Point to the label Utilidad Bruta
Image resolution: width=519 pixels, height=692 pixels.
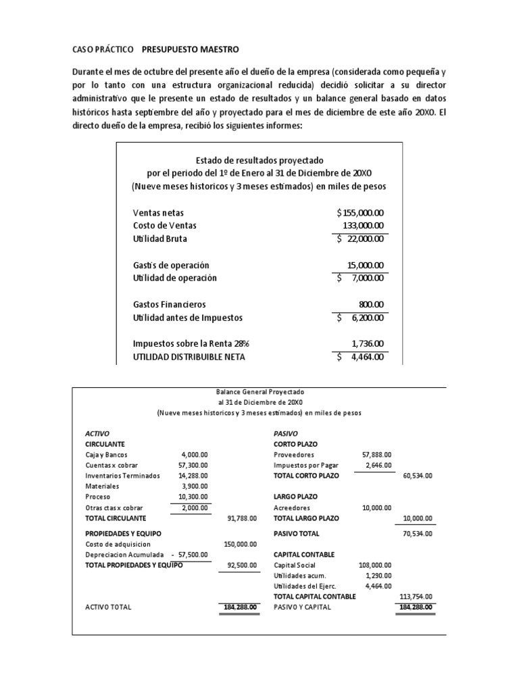pyautogui.click(x=160, y=239)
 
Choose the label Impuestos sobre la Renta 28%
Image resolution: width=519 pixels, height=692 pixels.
pyautogui.click(x=187, y=343)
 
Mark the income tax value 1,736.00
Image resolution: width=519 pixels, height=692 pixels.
pyautogui.click(x=368, y=343)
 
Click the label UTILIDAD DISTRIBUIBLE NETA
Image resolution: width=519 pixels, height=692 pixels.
pyautogui.click(x=189, y=357)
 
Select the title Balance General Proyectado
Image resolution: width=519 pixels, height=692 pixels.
pyautogui.click(x=260, y=392)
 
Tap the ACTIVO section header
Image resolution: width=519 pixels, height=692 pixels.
pyautogui.click(x=97, y=433)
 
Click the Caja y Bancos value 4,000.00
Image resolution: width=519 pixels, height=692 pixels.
pyautogui.click(x=195, y=455)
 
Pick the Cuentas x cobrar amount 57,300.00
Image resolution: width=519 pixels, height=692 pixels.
pyautogui.click(x=193, y=465)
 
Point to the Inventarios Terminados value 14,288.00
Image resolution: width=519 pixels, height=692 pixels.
pyautogui.click(x=193, y=475)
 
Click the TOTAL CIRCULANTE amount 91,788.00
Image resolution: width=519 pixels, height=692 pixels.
pyautogui.click(x=241, y=518)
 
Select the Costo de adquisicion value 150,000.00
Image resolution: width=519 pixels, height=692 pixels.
pyautogui.click(x=239, y=543)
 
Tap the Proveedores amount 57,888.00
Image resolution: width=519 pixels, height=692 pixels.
pyautogui.click(x=376, y=455)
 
